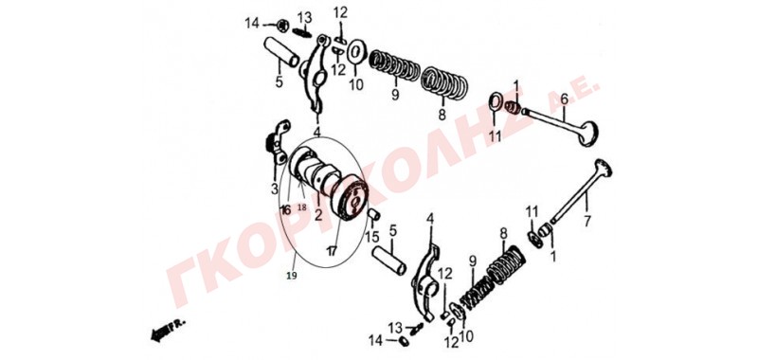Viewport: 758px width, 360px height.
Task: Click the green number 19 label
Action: [292, 276]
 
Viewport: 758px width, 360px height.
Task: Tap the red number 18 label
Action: [301, 207]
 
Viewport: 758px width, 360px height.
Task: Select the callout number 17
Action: [331, 251]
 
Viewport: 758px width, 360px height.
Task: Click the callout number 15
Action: [371, 237]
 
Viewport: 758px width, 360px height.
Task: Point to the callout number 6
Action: [564, 100]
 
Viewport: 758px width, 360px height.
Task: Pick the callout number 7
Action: [587, 222]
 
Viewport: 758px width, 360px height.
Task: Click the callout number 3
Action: [275, 189]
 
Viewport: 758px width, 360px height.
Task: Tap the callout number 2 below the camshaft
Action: [317, 215]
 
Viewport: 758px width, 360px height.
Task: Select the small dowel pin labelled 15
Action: [374, 214]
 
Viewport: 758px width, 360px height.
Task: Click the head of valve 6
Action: [589, 134]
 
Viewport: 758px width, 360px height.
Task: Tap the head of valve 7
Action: [604, 168]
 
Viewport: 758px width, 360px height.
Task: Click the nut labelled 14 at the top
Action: [282, 25]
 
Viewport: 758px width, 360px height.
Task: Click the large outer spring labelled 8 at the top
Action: [444, 84]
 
